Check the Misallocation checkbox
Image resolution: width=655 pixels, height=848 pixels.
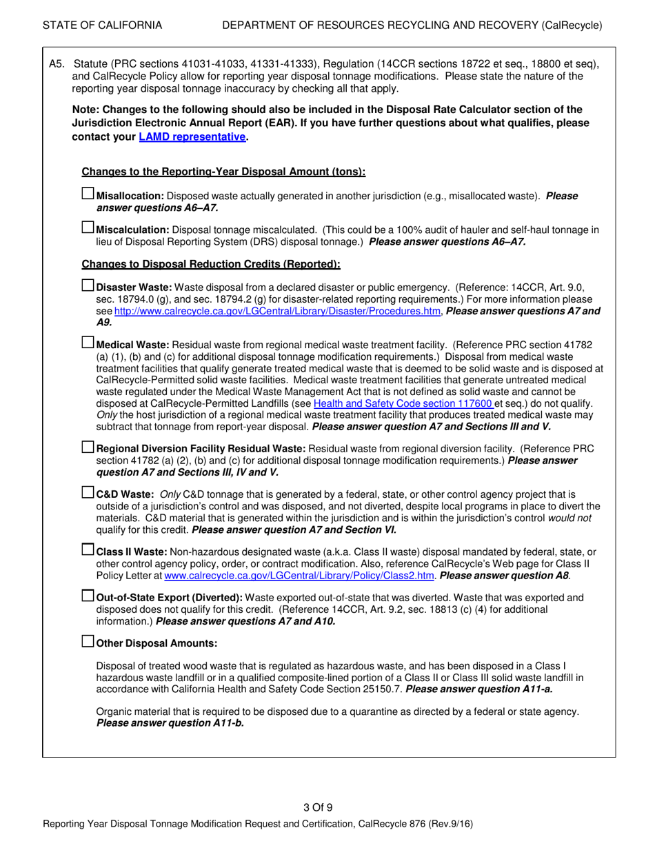pos(88,194)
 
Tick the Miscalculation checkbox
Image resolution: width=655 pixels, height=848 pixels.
pos(88,228)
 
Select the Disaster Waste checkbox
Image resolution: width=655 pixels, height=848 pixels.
pos(88,285)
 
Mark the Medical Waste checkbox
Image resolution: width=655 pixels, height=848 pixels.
pos(88,342)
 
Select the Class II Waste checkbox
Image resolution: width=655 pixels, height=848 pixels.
pos(88,549)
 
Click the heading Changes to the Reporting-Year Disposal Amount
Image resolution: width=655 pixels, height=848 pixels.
pos(223,172)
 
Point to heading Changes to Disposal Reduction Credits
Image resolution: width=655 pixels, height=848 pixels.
pos(210,264)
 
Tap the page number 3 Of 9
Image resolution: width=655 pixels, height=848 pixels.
pos(318,808)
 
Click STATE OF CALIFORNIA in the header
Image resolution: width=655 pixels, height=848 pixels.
pos(103,26)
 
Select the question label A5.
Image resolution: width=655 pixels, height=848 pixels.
pos(57,65)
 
